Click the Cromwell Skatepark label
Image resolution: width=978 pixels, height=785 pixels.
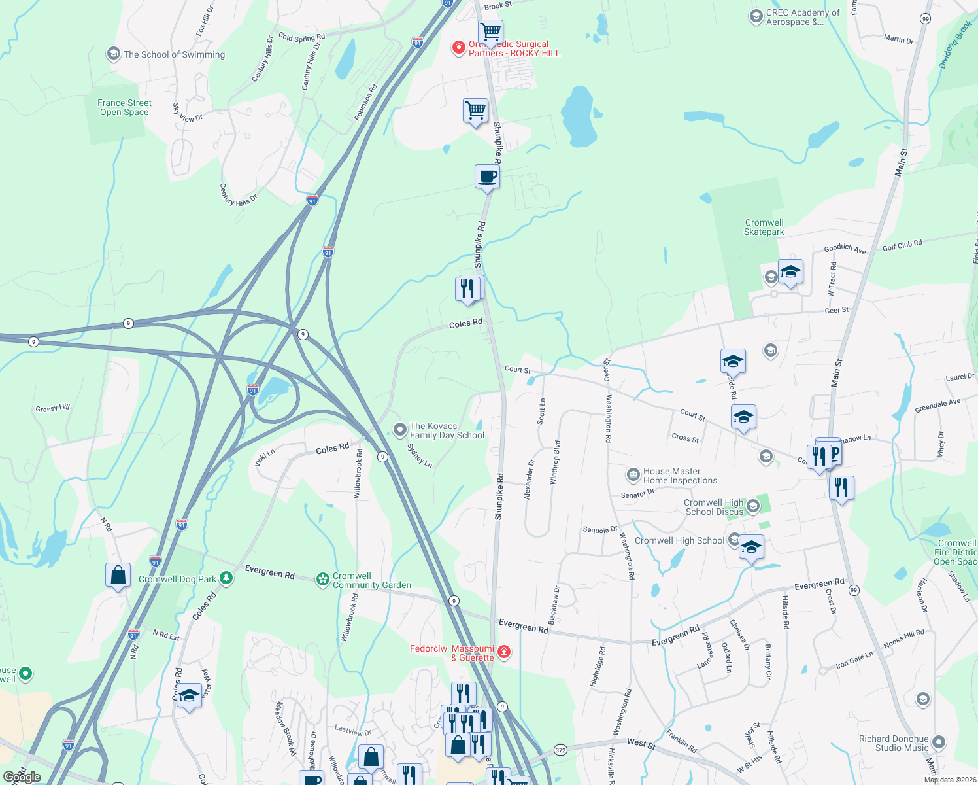764,227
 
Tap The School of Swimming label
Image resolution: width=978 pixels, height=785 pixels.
174,54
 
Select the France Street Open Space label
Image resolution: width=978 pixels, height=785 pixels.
124,107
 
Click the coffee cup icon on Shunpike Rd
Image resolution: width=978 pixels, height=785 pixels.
487,177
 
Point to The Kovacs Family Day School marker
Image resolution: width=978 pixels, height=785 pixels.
400,430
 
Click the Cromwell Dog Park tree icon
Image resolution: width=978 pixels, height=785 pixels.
226,578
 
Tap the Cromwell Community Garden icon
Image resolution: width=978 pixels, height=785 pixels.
322,579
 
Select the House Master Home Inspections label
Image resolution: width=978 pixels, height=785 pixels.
680,476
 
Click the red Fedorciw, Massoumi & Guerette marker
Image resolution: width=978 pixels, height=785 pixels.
503,652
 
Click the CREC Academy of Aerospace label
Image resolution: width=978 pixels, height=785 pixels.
803,17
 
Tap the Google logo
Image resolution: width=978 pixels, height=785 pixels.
22,777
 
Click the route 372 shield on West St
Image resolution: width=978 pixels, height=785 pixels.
560,750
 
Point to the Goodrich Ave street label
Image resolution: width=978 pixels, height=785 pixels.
845,249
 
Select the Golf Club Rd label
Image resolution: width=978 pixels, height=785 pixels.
902,245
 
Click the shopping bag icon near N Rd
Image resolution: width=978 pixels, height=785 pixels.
118,576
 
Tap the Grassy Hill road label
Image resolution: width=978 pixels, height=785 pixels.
52,408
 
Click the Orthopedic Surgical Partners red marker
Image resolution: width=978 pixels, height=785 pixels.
460,48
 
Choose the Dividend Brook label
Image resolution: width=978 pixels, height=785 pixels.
955,44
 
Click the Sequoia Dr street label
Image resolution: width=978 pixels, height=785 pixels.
600,530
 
